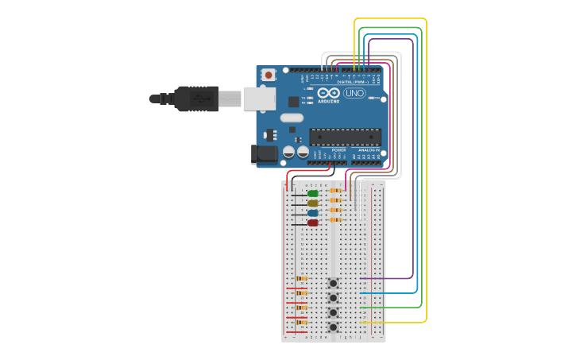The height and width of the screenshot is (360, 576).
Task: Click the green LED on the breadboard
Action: tap(312, 193)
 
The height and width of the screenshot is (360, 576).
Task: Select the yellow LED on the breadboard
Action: tap(312, 203)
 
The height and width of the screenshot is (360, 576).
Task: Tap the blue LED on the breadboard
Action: tap(312, 213)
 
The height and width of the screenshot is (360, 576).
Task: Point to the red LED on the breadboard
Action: tap(312, 223)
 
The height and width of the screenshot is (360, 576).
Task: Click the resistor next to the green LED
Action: tap(335, 191)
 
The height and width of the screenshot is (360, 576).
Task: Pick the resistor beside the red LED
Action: tap(335, 220)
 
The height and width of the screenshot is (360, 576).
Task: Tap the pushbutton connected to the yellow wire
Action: tap(334, 327)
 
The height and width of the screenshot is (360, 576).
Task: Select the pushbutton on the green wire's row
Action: tap(334, 312)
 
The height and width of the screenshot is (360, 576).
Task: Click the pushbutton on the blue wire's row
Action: tap(334, 297)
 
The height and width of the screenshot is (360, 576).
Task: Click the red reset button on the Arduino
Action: tap(269, 75)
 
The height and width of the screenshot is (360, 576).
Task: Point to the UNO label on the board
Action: tap(354, 93)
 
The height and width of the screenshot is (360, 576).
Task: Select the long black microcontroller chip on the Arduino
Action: tap(345, 136)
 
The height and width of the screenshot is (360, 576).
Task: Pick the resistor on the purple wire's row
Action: tap(301, 278)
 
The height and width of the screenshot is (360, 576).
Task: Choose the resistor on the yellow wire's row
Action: tap(301, 322)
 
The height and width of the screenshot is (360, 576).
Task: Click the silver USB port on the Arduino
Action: tap(258, 99)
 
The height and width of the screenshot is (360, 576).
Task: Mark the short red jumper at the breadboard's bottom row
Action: tap(296, 331)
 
